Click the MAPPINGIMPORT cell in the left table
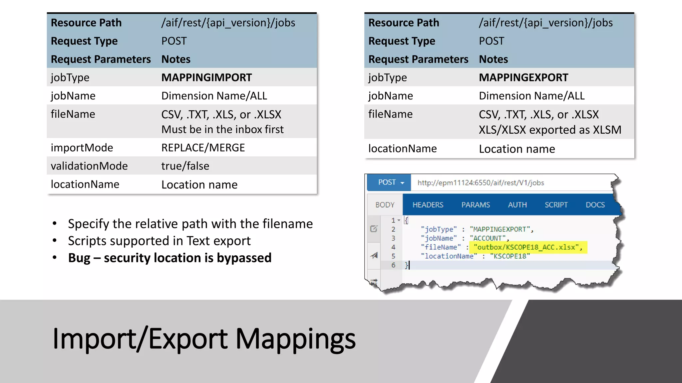click(x=206, y=77)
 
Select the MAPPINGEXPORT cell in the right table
click(x=523, y=77)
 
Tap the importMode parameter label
click(x=82, y=148)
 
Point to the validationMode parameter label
click(x=89, y=166)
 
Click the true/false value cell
click(x=185, y=166)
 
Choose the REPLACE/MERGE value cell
click(x=203, y=148)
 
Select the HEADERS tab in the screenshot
click(x=428, y=205)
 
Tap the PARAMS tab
click(x=476, y=205)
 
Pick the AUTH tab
click(x=517, y=205)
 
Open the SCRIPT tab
click(x=556, y=205)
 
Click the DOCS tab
click(x=595, y=205)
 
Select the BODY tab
click(x=385, y=205)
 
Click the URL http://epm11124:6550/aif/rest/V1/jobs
click(x=481, y=183)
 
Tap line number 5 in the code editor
click(x=393, y=256)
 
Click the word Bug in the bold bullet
click(x=79, y=258)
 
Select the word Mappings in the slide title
click(x=296, y=339)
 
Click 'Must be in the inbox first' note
click(x=222, y=130)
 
